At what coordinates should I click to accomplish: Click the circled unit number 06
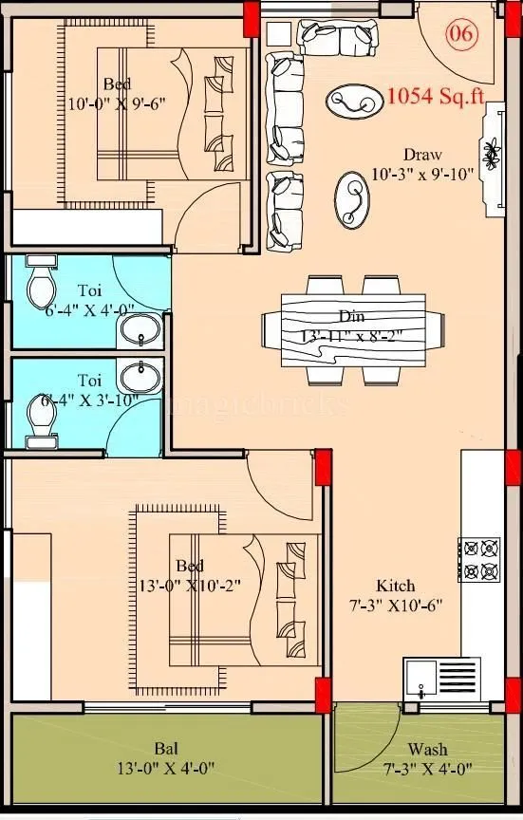pyautogui.click(x=462, y=33)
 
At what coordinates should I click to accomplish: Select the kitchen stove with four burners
pyautogui.click(x=479, y=559)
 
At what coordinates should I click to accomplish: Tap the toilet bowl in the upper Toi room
pyautogui.click(x=42, y=281)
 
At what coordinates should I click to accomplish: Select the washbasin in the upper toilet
pyautogui.click(x=143, y=331)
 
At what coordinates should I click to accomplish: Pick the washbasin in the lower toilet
pyautogui.click(x=143, y=373)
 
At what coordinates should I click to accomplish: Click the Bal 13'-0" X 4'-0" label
pyautogui.click(x=165, y=758)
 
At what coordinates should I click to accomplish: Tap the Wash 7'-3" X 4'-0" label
pyautogui.click(x=427, y=758)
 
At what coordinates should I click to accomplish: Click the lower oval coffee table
pyautogui.click(x=352, y=198)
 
